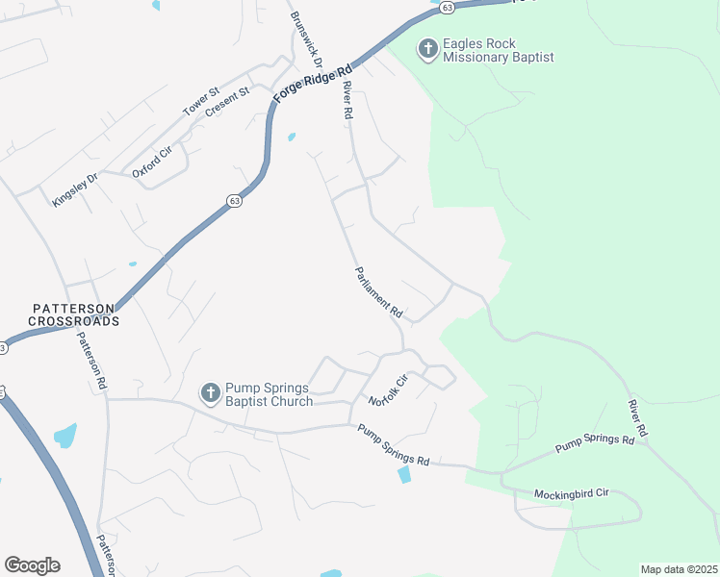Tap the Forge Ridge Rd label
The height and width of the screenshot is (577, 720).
point(314,84)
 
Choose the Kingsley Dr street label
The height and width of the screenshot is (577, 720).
point(76,189)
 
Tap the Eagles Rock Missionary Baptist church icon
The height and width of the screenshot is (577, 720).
point(427,47)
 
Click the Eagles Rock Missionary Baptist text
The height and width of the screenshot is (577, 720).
point(499,51)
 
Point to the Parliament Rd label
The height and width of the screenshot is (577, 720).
point(378,292)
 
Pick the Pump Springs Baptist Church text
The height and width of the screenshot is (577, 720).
point(269,394)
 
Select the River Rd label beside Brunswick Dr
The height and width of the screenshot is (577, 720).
point(347,100)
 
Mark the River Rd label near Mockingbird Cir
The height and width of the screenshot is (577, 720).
point(638,419)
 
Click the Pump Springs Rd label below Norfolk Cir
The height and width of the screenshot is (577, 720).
point(394,445)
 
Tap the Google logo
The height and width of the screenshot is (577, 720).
point(32,565)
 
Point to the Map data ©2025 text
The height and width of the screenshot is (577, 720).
point(678,569)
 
